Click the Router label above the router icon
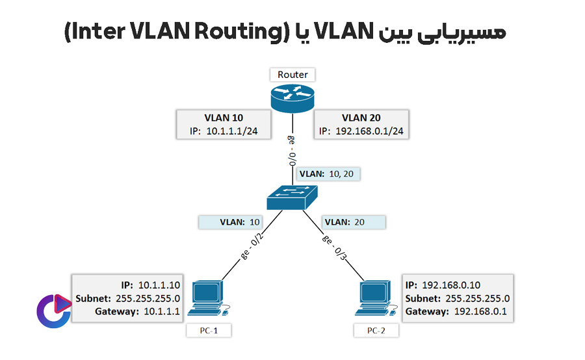pos(292,74)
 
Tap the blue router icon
pos(292,97)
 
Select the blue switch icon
pos(292,196)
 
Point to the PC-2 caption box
pos(376,331)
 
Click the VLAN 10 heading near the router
pos(224,118)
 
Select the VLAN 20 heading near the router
pos(361,118)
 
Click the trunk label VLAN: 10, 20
pos(328,174)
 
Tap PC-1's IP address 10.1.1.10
pos(159,285)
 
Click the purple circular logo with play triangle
pos(53,307)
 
